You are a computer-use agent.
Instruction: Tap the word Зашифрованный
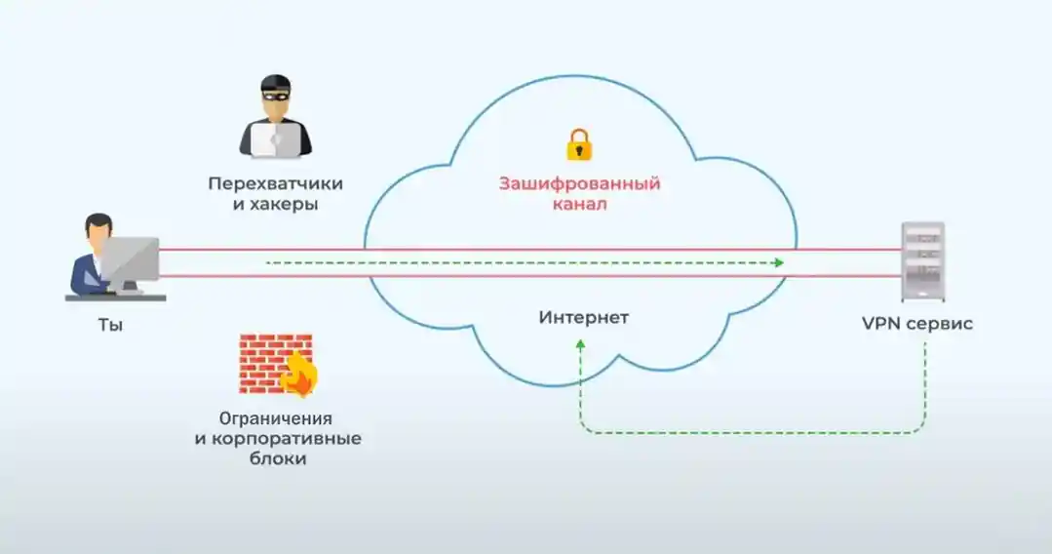[579, 183]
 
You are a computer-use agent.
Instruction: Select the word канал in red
[579, 205]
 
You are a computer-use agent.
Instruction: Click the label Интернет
[584, 318]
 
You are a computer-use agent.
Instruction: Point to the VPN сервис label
[916, 324]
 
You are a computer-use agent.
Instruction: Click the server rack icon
[921, 261]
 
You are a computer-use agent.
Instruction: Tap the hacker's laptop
[275, 139]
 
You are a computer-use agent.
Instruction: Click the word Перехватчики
[275, 183]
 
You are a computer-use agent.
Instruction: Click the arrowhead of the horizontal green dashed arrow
[778, 262]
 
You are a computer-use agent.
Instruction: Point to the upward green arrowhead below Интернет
[581, 344]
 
